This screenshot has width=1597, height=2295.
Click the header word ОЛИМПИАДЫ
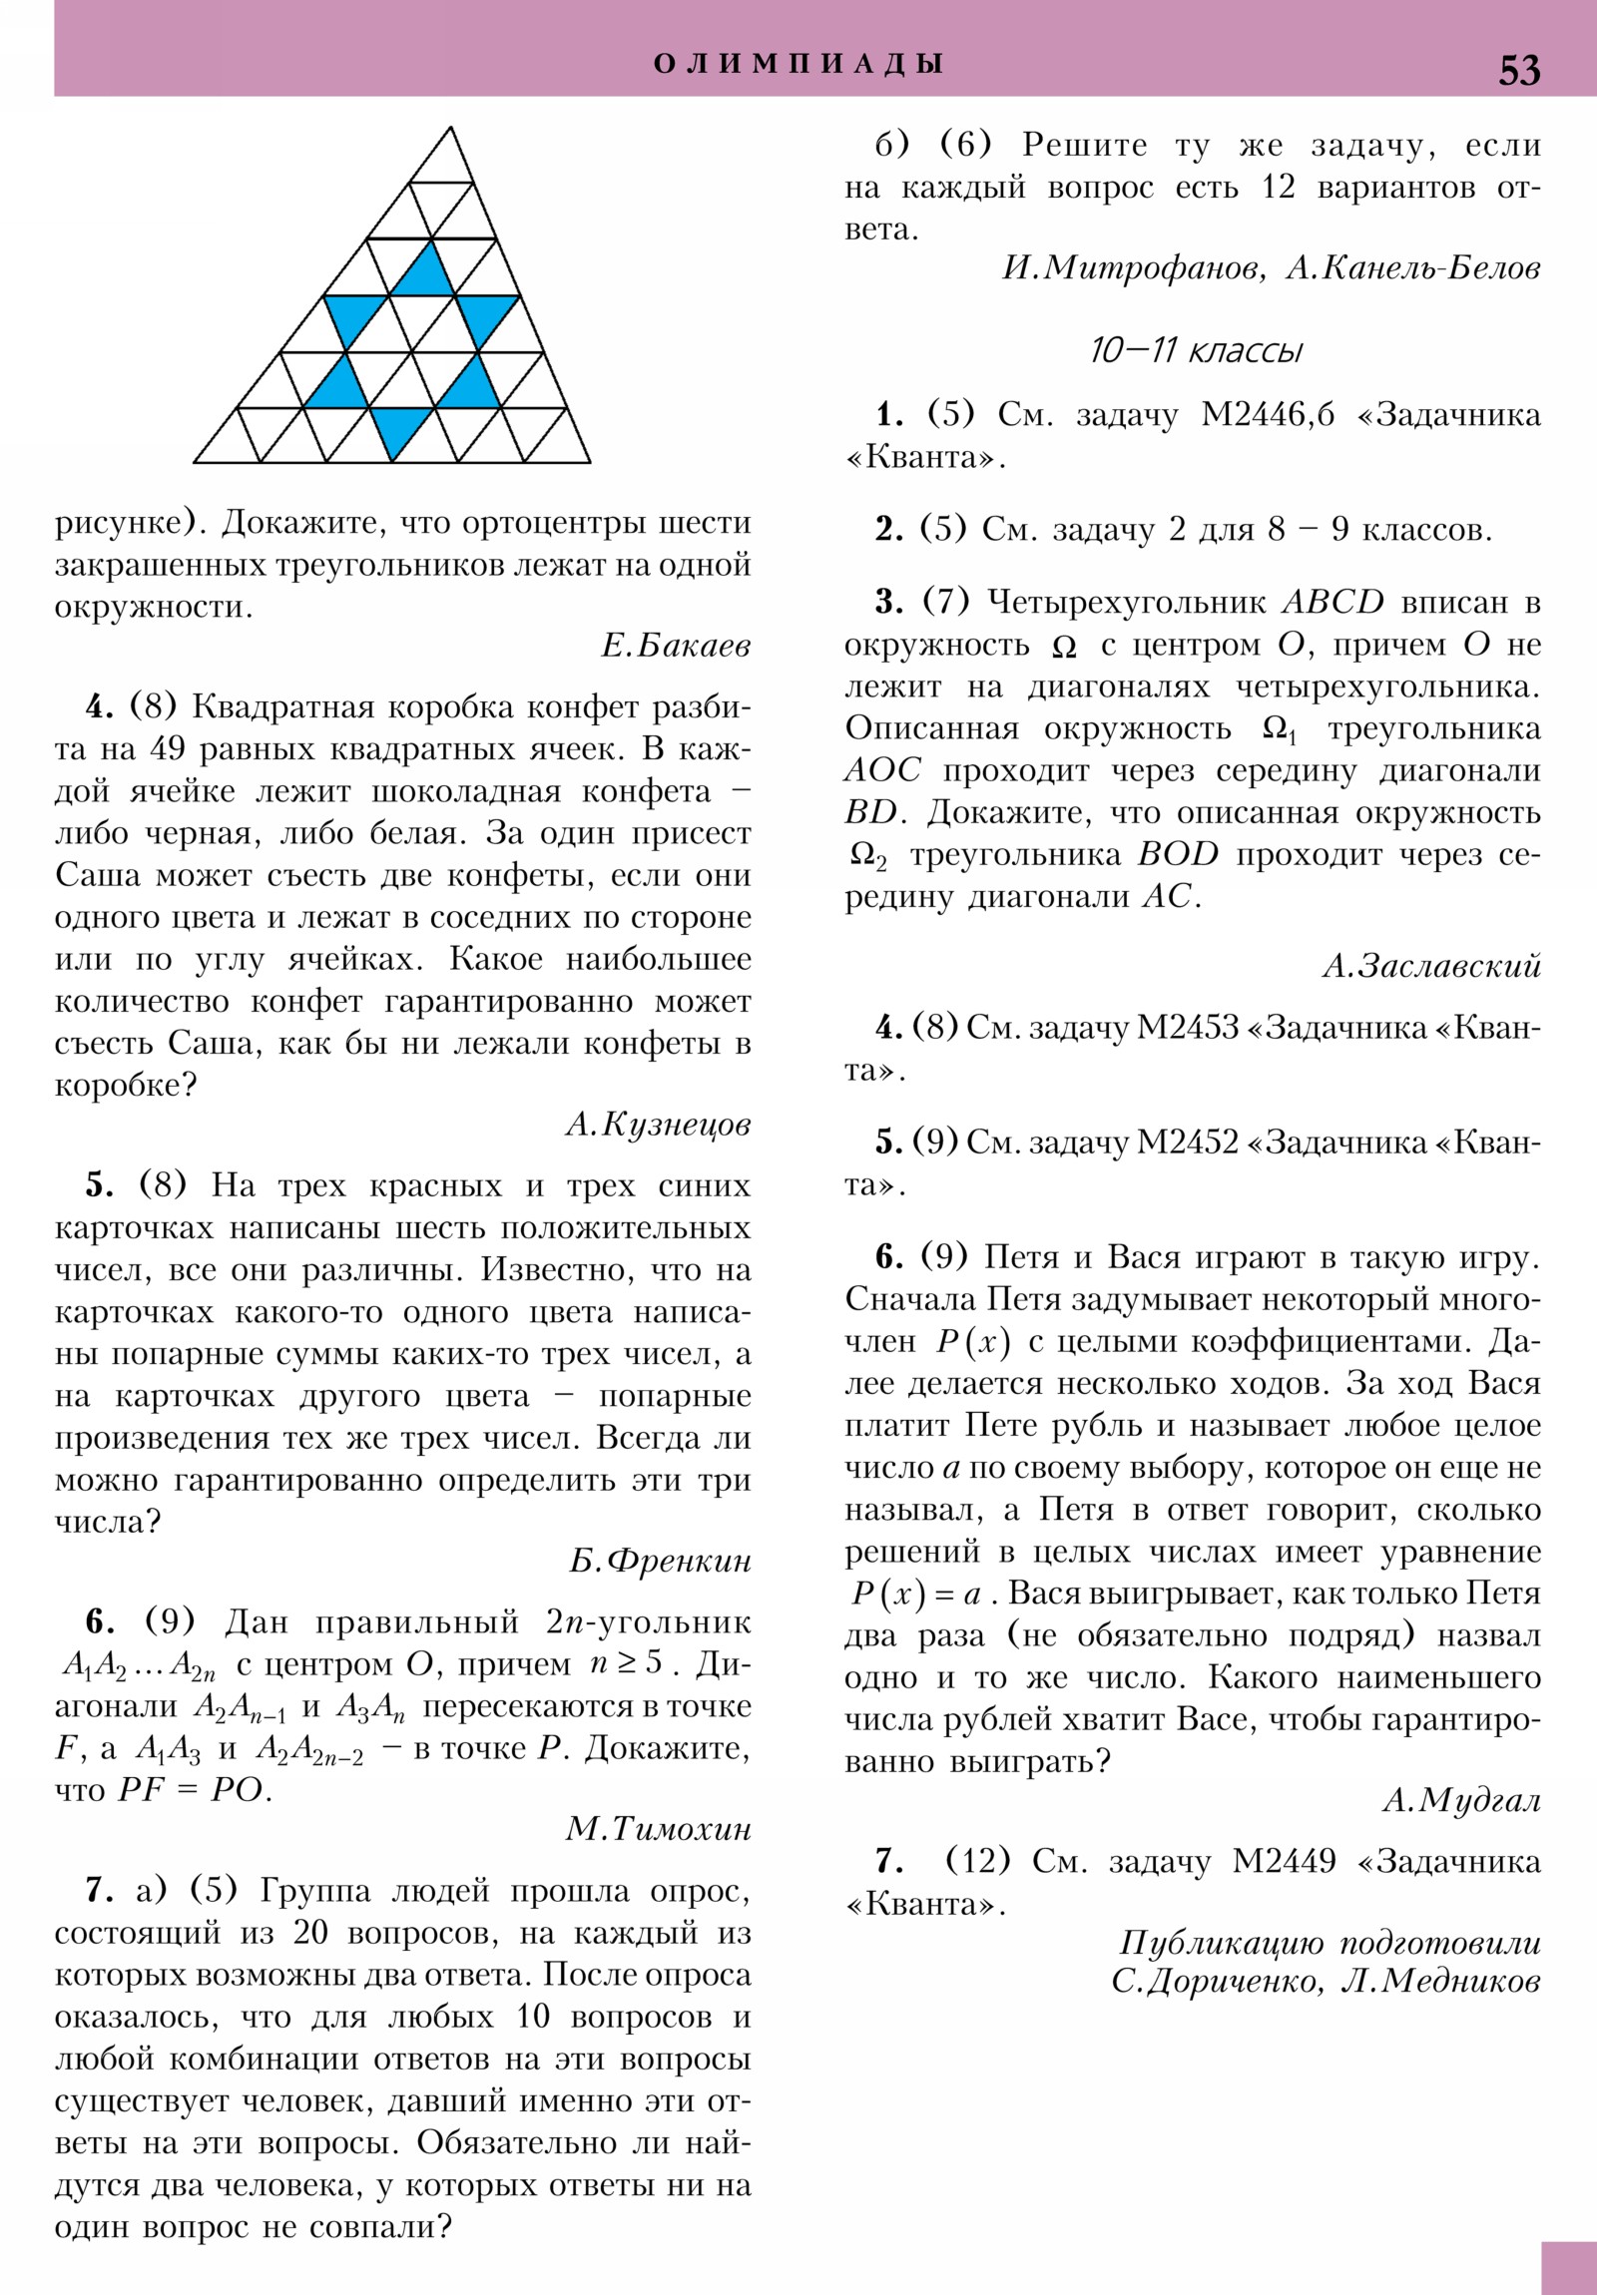(798, 64)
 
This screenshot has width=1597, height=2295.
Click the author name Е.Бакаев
(676, 647)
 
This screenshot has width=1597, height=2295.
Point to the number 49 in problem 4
(168, 748)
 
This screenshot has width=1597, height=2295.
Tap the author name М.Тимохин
(658, 1829)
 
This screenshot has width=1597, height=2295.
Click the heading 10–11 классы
(1196, 351)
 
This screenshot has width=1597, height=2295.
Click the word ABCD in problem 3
(1332, 602)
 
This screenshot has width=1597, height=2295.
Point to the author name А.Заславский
(1431, 966)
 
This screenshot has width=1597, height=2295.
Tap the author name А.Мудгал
(1461, 1800)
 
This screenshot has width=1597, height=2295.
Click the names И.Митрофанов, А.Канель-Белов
(1270, 267)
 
